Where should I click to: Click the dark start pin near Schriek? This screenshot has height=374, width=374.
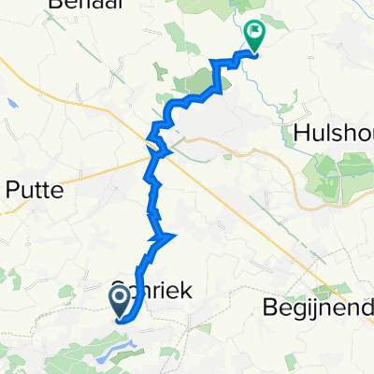pyautogui.click(x=122, y=302)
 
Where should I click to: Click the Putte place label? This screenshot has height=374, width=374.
pyautogui.click(x=35, y=191)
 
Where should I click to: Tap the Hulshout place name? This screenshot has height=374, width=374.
pyautogui.click(x=332, y=132)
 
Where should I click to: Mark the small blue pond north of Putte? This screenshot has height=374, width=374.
pyautogui.click(x=10, y=103)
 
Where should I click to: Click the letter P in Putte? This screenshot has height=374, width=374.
pyautogui.click(x=13, y=191)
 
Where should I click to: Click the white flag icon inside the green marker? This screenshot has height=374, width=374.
pyautogui.click(x=253, y=31)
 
